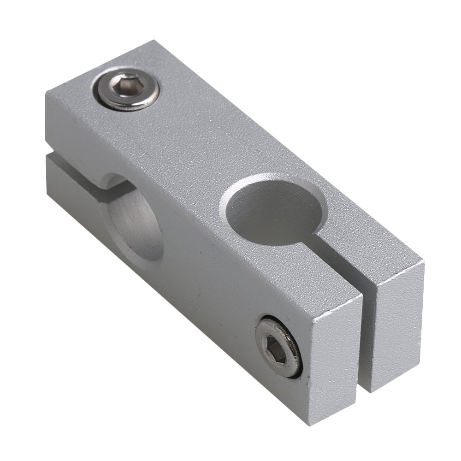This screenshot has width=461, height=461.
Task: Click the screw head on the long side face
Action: [x=279, y=346]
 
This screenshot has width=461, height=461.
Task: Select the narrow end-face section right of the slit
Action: [x=398, y=332]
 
